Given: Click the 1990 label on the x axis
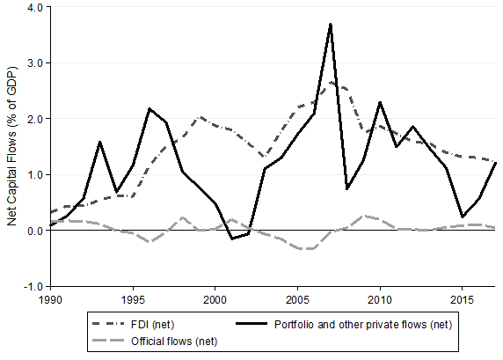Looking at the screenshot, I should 51,300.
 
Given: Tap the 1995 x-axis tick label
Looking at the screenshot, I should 133,300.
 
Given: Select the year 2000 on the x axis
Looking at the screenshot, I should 215,300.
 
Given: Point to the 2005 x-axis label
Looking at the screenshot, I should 298,300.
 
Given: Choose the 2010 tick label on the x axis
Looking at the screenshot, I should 380,300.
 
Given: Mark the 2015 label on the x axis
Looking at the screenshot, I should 463,300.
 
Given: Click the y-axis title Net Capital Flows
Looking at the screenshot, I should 11,146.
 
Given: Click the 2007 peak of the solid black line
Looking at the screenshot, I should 331,25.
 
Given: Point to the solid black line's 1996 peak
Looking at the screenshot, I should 149,109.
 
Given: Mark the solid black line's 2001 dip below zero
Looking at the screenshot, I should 232,239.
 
